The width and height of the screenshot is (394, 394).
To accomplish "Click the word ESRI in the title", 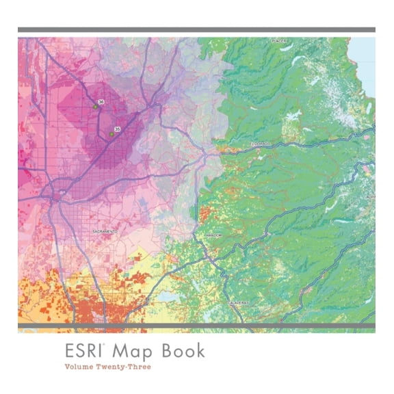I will pyautogui.click(x=83, y=351).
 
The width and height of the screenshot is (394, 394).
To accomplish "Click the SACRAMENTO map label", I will pyautogui.click(x=105, y=232).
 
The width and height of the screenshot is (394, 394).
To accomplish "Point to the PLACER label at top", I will pyautogui.click(x=278, y=41).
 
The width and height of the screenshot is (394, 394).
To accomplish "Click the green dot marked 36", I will pyautogui.click(x=95, y=107).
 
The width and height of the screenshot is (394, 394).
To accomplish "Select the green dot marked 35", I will pyautogui.click(x=111, y=134).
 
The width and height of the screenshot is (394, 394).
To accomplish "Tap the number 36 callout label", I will pyautogui.click(x=101, y=101).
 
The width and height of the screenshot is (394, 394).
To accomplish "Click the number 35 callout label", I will pyautogui.click(x=117, y=129).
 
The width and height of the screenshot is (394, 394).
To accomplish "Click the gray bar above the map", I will pyautogui.click(x=196, y=29).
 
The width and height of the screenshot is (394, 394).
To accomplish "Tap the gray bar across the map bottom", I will pyautogui.click(x=196, y=326).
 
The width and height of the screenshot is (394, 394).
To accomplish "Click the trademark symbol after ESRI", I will pyautogui.click(x=103, y=345).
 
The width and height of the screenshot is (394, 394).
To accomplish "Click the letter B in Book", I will pyautogui.click(x=168, y=351).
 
